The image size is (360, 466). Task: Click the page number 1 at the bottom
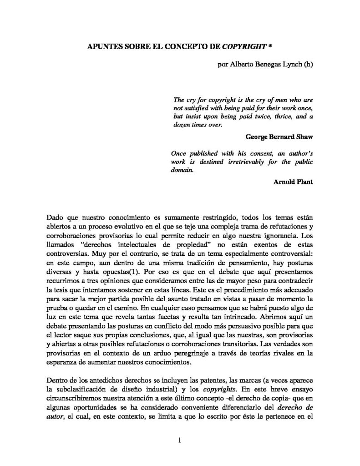click(x=180, y=441)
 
